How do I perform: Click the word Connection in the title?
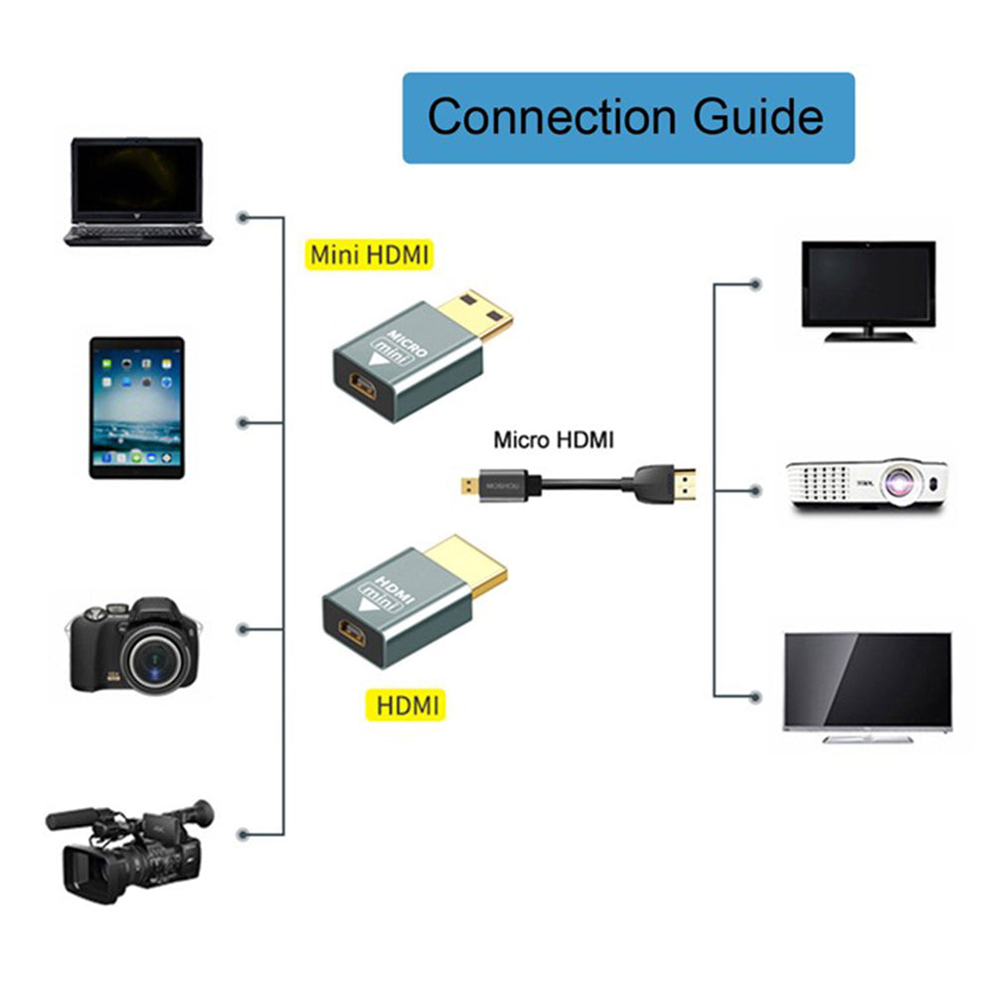553,116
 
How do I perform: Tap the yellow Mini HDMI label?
369,254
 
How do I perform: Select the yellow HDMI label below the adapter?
406,706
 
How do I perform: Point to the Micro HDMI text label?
554,439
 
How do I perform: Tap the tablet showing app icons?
136,407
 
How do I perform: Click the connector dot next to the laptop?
243,216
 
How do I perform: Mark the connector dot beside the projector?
755,490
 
